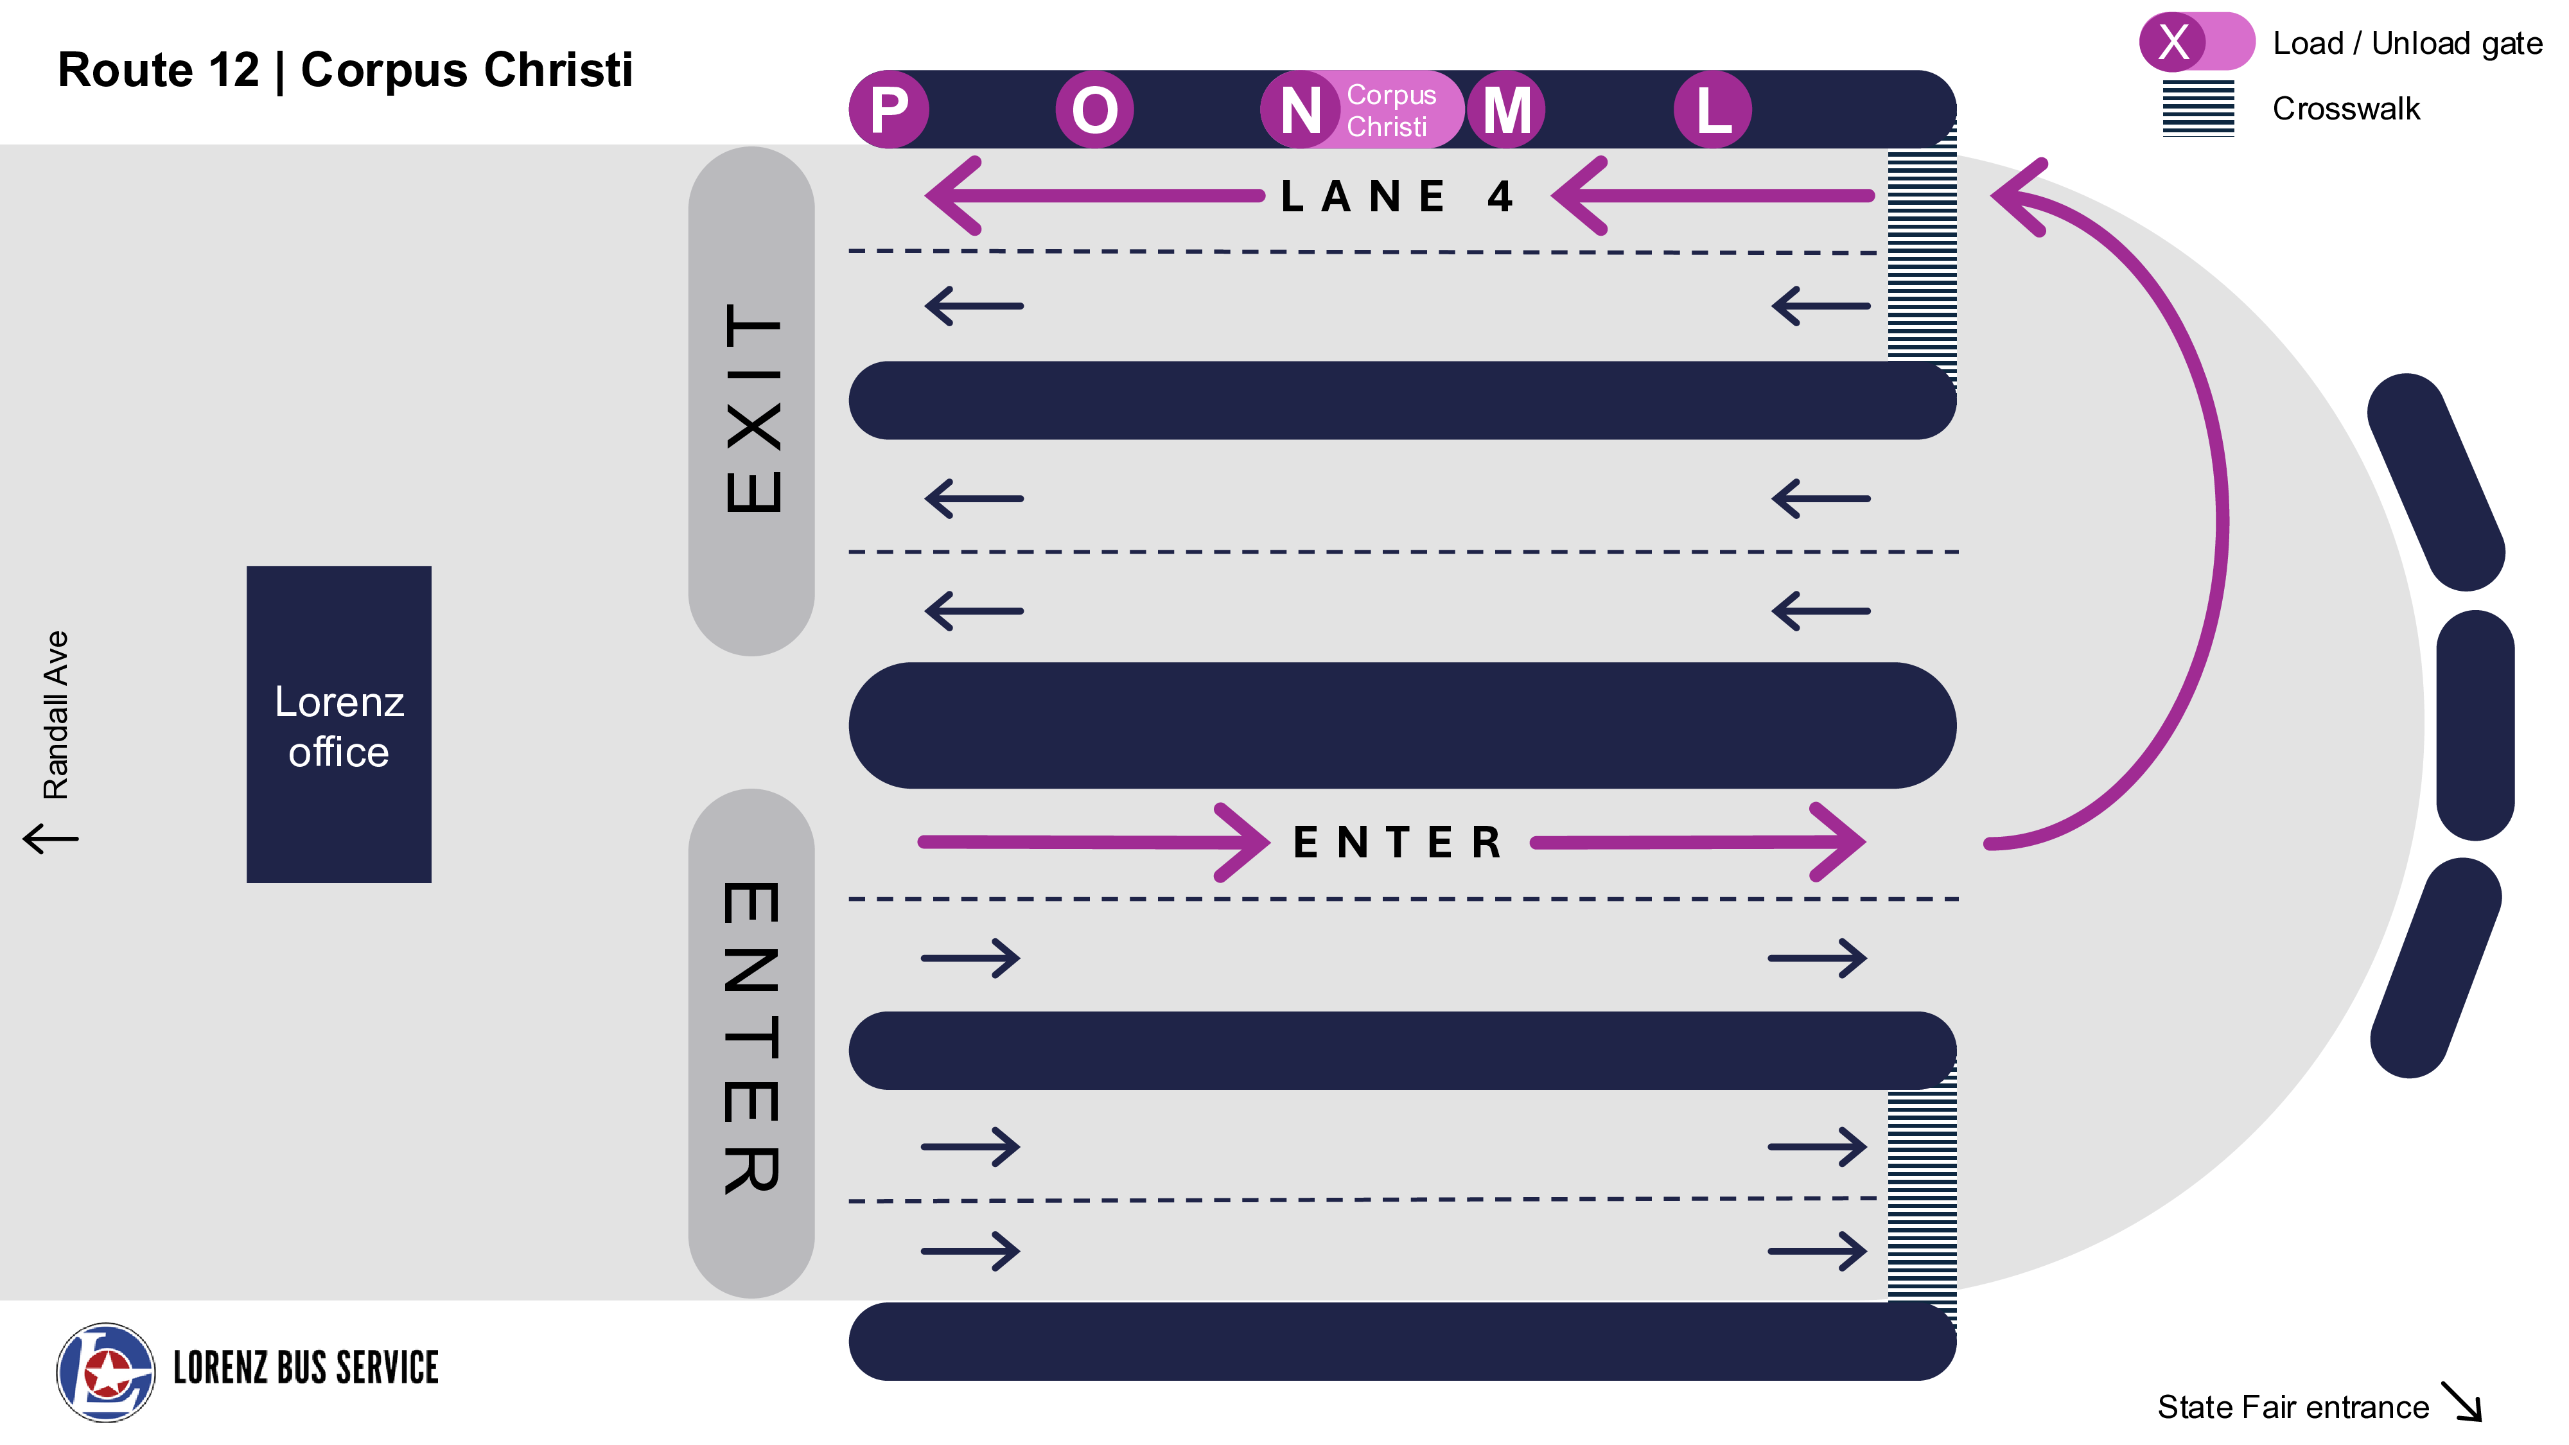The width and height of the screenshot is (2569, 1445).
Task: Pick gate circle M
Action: (x=1506, y=110)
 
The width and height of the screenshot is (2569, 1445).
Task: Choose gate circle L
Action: (x=1712, y=110)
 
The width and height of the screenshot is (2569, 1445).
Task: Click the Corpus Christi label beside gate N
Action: (x=1391, y=110)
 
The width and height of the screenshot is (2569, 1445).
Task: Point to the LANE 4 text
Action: (x=1397, y=197)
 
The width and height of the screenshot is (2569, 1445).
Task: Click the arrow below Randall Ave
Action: (x=50, y=837)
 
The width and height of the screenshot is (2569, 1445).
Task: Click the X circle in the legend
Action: (x=2173, y=42)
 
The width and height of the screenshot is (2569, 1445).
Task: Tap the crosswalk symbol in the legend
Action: (x=2198, y=108)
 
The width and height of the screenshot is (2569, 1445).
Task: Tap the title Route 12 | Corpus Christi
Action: (x=345, y=70)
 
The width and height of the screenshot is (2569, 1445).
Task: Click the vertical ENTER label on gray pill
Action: (x=752, y=1037)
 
